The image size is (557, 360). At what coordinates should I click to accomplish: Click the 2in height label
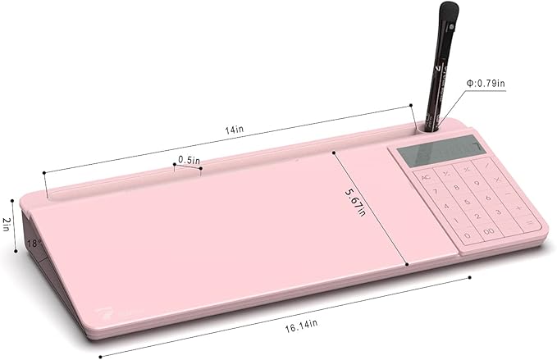pyautogui.click(x=6, y=223)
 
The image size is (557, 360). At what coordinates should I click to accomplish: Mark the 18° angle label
pyautogui.click(x=32, y=243)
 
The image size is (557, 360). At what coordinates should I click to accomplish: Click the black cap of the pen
pyautogui.click(x=448, y=15)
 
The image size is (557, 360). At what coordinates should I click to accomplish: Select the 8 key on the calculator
pyautogui.click(x=467, y=186)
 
